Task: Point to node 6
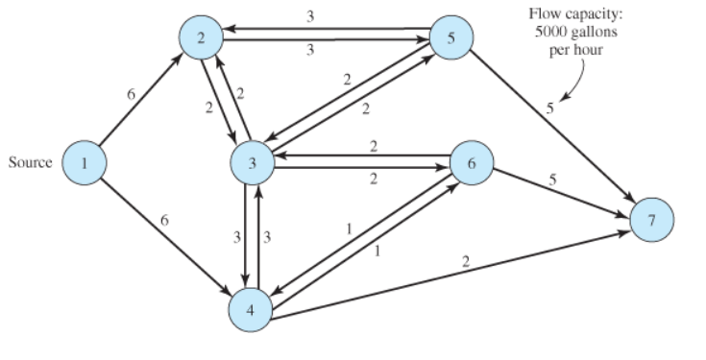click(x=471, y=163)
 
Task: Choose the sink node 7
click(x=652, y=219)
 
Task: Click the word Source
click(x=30, y=163)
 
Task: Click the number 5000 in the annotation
click(x=550, y=32)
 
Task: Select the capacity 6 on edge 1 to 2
click(x=131, y=93)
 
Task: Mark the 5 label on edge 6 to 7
click(x=552, y=179)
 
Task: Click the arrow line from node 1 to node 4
click(x=168, y=235)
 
